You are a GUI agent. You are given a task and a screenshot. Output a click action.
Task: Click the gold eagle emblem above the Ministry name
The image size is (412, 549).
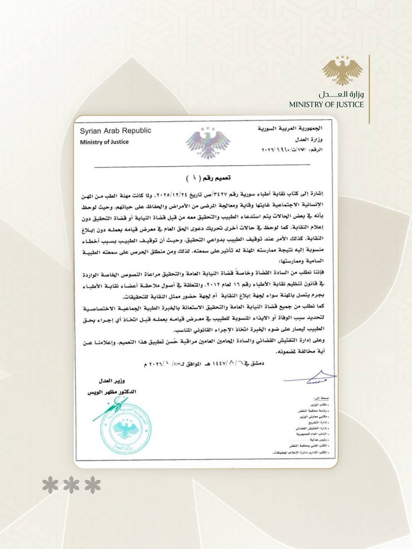(x=342, y=71)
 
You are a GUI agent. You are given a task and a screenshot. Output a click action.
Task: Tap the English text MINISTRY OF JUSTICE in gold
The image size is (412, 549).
(x=326, y=105)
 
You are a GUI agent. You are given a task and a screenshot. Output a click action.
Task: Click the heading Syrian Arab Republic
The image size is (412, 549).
(x=115, y=131)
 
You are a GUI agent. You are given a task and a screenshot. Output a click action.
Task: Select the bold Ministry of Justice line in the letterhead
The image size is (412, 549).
(x=104, y=142)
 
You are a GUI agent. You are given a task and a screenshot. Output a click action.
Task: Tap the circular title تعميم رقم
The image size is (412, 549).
(x=209, y=178)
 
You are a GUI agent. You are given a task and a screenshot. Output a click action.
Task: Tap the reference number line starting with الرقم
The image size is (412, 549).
(x=292, y=150)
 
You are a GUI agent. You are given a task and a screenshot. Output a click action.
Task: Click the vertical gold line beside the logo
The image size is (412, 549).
(x=369, y=89)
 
